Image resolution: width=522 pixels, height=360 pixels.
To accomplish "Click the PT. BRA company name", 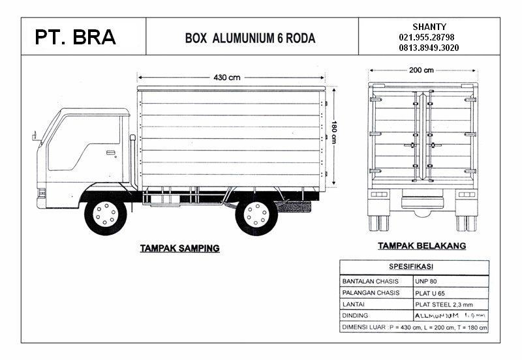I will point(76,37).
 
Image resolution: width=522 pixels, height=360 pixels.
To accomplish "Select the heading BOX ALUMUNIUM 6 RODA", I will point(251,38).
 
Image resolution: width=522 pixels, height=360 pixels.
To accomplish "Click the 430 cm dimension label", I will point(226,77).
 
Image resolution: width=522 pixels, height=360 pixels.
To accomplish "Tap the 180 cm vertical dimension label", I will point(333,131).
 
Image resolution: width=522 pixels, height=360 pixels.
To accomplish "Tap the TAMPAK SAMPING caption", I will point(180,248).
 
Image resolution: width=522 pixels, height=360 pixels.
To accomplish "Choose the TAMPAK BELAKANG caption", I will point(422,246).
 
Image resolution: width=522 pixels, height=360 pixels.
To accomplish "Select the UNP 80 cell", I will point(425,281).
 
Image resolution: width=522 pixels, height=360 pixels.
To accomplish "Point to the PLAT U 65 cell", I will point(431,293).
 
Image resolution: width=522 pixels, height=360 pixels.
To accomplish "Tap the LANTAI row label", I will point(354,305).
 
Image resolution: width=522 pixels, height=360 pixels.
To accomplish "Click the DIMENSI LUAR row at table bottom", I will point(414,327).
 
